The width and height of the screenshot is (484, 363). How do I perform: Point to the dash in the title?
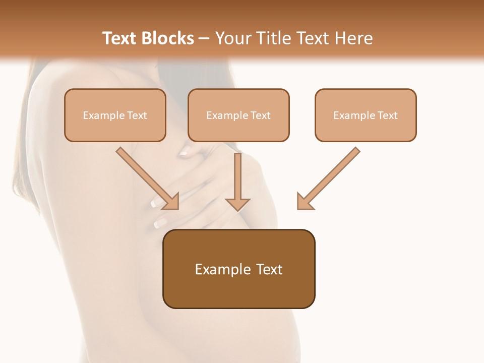tap(205, 39)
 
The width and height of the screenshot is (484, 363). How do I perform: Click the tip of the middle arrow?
tap(237, 208)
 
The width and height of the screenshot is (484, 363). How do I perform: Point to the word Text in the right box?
tap(387, 115)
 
